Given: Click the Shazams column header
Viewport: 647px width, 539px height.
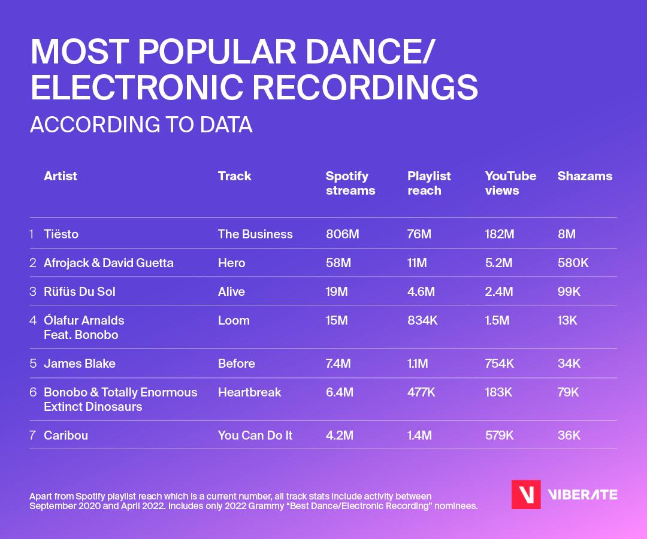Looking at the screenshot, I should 585,176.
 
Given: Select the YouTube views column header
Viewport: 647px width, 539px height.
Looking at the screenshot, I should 510,183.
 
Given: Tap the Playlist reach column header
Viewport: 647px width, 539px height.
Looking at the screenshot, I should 429,183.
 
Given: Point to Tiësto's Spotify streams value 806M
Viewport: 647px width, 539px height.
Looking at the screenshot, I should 342,234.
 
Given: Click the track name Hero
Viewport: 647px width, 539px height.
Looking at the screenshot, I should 231,263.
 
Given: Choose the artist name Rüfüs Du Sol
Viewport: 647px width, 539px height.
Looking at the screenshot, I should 80,292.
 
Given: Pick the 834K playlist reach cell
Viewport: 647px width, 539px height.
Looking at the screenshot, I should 422,320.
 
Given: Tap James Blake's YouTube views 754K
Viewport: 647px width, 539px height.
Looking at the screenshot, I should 500,364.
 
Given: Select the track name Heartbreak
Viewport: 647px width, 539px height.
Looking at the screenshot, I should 249,392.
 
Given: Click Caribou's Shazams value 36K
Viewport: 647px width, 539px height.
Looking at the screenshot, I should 569,435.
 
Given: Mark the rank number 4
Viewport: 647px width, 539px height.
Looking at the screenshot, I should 33,320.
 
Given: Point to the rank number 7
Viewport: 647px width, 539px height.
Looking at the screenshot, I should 32,435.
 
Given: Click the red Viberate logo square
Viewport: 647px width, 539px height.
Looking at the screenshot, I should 526,495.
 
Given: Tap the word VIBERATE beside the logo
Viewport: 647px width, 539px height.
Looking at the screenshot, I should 583,495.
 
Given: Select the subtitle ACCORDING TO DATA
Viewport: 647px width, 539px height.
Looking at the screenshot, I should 141,125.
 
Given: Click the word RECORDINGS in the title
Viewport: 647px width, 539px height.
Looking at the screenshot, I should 365,87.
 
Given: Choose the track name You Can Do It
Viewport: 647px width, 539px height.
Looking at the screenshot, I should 255,435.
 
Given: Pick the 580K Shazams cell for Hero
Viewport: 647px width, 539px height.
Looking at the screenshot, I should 573,263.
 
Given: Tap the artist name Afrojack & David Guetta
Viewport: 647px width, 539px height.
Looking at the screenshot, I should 108,263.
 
